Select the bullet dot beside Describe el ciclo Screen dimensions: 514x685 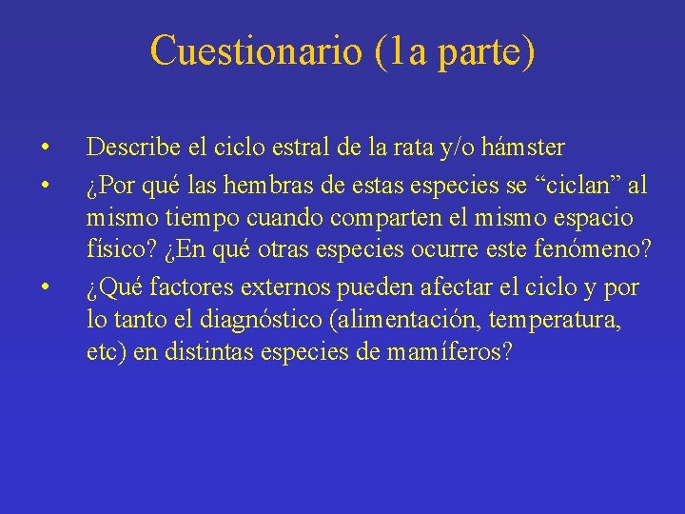coord(45,148)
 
